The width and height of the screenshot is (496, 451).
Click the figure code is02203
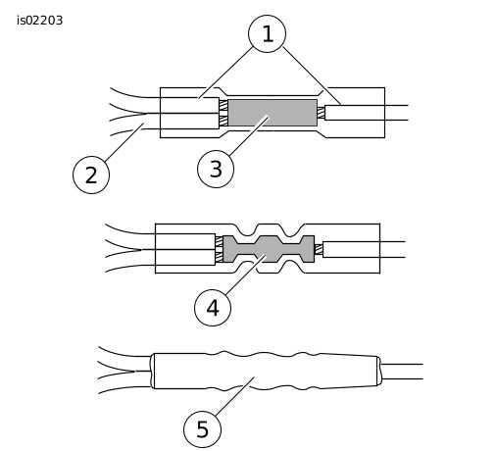coord(39,21)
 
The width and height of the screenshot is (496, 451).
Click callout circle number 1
coord(267,33)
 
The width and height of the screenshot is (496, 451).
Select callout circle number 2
coord(91,175)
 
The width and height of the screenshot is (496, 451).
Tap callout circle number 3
coord(216,169)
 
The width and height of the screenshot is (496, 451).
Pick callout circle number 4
coord(213,308)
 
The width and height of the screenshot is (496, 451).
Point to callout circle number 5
coord(202,429)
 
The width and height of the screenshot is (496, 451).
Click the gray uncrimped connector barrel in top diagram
coord(273,113)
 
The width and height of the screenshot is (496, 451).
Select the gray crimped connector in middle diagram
coord(269,249)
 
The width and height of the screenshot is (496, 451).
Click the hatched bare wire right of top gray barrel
coord(321,113)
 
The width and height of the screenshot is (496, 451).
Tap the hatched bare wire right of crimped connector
coord(319,249)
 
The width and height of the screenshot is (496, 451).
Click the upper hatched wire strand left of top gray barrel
coord(223,105)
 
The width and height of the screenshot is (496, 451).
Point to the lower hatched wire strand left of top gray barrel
coord(223,121)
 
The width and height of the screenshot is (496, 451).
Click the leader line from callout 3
coord(249,135)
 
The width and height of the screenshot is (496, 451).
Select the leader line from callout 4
coord(245,276)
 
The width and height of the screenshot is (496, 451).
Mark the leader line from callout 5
coord(235,396)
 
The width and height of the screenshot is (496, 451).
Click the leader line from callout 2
coord(124,142)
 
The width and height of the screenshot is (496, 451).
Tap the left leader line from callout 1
coord(225,73)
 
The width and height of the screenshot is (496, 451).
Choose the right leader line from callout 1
coord(312,75)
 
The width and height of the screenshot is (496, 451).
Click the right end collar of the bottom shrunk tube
coord(378,371)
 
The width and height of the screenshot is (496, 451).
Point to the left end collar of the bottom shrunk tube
coord(152,371)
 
